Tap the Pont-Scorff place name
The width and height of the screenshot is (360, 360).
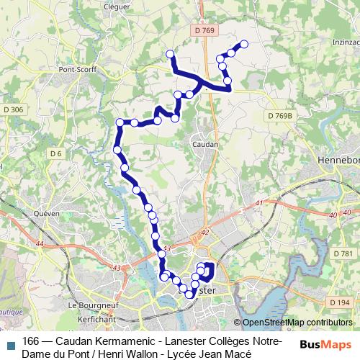coord(78,70)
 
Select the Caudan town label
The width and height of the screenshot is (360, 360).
coord(205,144)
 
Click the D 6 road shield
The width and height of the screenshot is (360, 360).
coord(57,153)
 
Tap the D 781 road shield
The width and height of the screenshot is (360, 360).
coord(343,253)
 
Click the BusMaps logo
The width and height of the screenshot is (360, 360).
coord(325,345)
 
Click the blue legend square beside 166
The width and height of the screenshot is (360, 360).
coord(10,344)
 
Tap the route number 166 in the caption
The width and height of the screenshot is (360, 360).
coord(31,341)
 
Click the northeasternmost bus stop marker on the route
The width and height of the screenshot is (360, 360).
coord(243,45)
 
